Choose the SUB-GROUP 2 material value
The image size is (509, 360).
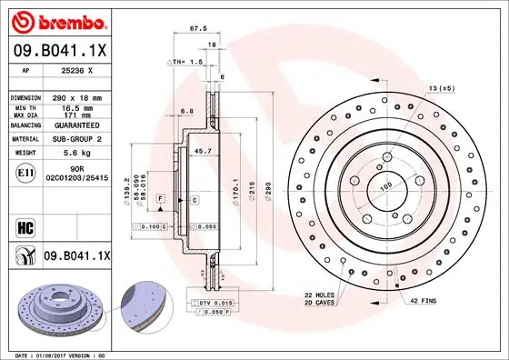click(x=77, y=140)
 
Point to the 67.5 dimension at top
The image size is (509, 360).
click(x=194, y=28)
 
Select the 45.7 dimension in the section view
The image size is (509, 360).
click(x=204, y=151)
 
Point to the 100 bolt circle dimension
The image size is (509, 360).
click(x=385, y=185)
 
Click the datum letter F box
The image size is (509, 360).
click(x=161, y=198)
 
